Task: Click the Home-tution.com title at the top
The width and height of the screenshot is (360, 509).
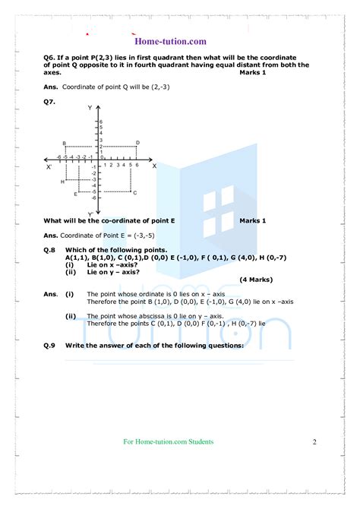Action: pos(180,41)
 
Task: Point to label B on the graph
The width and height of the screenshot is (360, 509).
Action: pos(65,144)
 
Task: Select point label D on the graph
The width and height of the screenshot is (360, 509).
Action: pos(137,143)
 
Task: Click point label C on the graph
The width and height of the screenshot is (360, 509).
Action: pos(134,193)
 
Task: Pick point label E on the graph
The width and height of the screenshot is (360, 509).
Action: pos(75,194)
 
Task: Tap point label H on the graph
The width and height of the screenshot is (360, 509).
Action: pos(62,182)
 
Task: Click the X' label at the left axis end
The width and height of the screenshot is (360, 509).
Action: pos(49,166)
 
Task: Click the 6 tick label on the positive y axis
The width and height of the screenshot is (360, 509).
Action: pos(101,122)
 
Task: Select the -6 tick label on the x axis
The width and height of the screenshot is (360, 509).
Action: pos(58,156)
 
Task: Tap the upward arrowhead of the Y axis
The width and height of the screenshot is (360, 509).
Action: pos(97,109)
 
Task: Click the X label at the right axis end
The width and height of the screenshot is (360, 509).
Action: pos(154,165)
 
